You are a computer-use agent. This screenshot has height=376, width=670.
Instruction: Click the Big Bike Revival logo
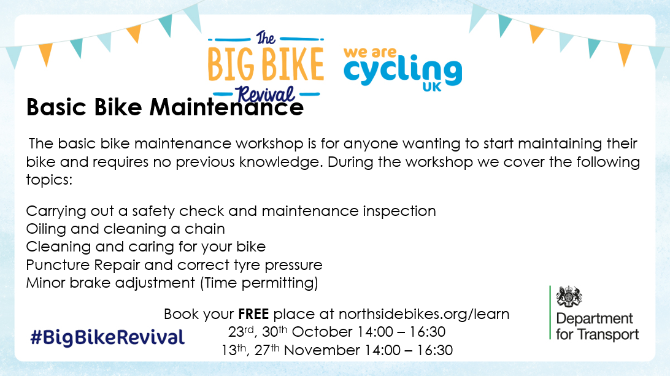tap(265, 66)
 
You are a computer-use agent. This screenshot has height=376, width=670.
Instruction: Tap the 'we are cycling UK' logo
tap(402, 69)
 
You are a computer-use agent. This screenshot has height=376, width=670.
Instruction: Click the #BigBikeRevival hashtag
tap(108, 337)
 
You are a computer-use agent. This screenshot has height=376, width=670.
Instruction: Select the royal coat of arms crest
tap(569, 296)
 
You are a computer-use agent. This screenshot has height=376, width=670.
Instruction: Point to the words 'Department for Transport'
tap(597, 326)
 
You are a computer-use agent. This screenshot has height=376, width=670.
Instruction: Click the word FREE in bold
tap(253, 314)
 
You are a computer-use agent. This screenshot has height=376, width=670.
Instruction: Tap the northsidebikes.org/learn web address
tap(424, 314)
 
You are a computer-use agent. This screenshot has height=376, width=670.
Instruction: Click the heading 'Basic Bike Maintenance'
tap(165, 107)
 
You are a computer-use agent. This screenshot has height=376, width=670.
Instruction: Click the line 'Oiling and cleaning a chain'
tap(126, 229)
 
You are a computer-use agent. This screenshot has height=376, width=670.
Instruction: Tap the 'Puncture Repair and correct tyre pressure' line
tap(174, 266)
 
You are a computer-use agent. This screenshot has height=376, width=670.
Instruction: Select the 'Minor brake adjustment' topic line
tap(110, 283)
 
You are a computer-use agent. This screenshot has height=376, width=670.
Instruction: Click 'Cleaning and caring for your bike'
tap(145, 247)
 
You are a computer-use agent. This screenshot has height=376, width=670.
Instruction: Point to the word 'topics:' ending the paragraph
tap(49, 180)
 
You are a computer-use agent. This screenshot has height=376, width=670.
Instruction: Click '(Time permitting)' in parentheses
tap(259, 283)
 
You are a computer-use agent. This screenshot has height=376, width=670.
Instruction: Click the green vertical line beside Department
tap(550, 313)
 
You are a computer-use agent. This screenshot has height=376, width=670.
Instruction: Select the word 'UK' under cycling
tap(431, 87)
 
